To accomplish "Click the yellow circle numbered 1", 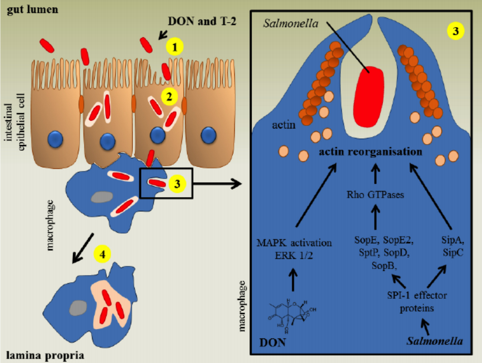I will [175, 46].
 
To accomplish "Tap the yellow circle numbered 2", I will [169, 97].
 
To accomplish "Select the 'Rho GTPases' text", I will [375, 194].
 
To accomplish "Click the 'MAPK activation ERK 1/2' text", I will [295, 249].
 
